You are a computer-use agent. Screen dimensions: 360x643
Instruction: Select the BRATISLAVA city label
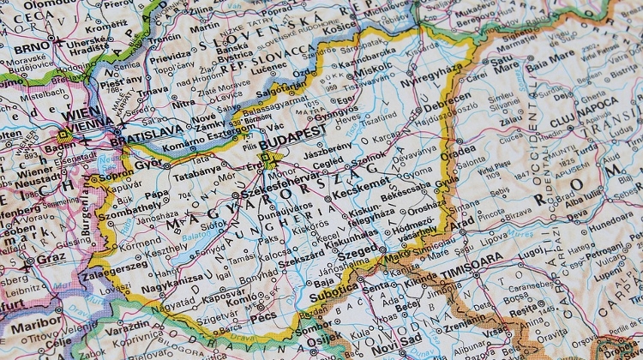click(x=148, y=130)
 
